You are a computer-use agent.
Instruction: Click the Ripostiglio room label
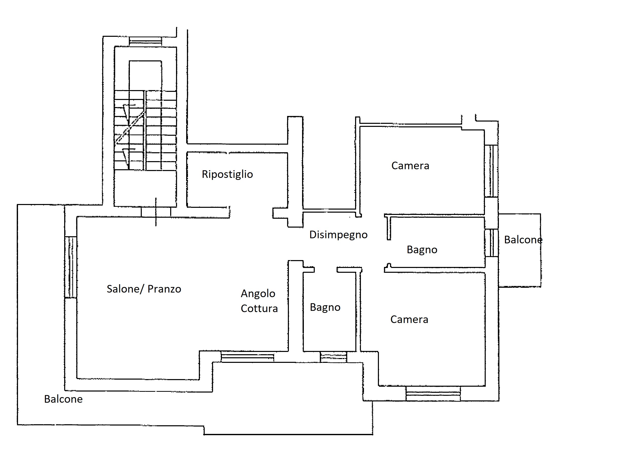click(227, 174)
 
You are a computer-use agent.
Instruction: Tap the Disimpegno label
click(338, 235)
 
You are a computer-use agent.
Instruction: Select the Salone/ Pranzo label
click(144, 289)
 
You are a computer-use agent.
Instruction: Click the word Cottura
click(259, 309)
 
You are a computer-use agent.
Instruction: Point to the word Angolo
click(258, 294)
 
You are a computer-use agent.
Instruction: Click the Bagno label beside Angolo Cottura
click(325, 307)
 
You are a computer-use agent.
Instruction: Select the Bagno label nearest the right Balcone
click(422, 250)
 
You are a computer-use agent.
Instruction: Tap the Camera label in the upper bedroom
click(410, 165)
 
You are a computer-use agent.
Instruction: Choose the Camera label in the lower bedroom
click(409, 319)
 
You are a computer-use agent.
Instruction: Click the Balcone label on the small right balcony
click(523, 240)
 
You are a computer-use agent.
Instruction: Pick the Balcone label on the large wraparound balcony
click(63, 399)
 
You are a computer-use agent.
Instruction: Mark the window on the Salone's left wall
click(71, 267)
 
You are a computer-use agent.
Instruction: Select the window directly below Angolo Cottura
click(247, 357)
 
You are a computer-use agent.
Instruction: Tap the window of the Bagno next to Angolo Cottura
click(333, 357)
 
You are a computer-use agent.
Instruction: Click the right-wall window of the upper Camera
click(491, 171)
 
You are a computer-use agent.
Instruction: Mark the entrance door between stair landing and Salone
click(156, 212)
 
